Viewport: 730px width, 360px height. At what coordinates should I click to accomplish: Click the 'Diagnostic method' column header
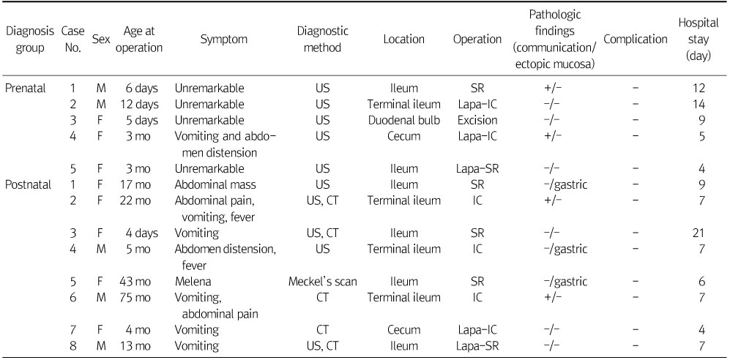323,40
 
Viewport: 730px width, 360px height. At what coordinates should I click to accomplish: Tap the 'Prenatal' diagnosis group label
26,89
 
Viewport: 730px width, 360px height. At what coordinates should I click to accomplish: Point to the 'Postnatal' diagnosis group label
28,185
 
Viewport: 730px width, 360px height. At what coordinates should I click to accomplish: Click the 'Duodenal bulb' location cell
404,120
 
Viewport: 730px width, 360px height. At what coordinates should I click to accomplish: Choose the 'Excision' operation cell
477,120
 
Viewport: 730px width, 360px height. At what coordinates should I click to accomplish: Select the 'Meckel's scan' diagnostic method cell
323,281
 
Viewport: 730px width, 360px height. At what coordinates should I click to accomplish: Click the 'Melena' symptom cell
193,281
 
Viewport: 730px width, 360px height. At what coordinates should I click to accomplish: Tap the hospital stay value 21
699,233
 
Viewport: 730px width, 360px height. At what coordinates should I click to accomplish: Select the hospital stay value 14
699,105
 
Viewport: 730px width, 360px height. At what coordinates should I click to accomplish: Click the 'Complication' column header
636,40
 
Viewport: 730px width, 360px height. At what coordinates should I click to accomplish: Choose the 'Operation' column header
477,40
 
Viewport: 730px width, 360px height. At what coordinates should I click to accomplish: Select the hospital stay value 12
699,89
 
